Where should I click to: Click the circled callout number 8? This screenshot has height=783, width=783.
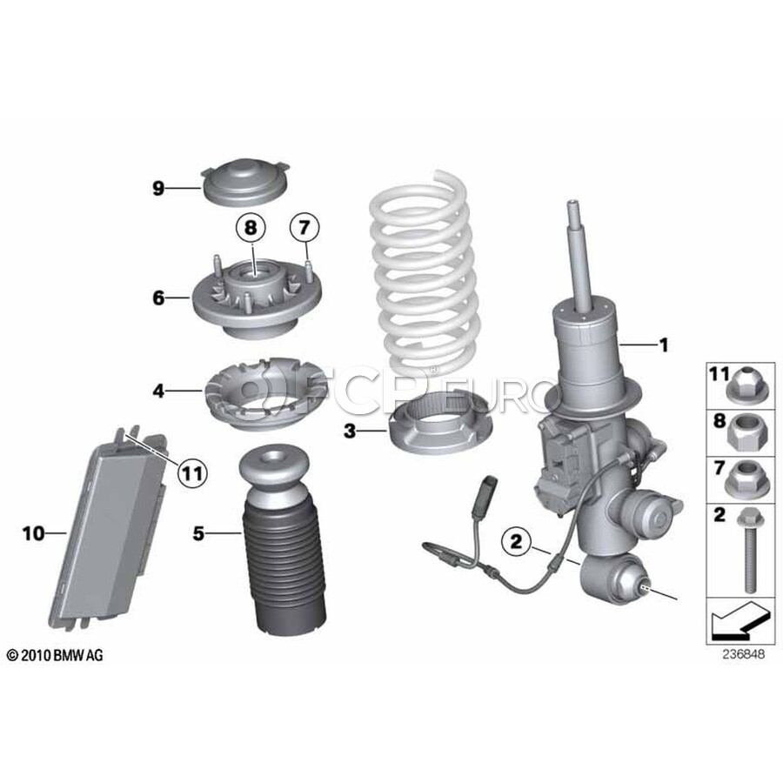point(251,228)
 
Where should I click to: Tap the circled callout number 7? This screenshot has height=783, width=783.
point(304,228)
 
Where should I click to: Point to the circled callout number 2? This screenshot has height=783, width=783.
point(515,541)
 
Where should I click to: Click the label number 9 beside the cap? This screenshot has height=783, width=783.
point(158,189)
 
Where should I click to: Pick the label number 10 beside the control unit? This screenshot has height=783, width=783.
point(33,534)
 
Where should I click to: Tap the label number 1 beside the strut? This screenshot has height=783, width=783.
point(664,345)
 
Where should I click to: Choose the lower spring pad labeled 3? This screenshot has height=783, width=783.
point(439,428)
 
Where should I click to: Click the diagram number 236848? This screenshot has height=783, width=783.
point(743,654)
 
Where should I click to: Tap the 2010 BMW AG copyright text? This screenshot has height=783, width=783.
point(55,655)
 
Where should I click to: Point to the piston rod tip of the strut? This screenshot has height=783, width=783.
point(572,204)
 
